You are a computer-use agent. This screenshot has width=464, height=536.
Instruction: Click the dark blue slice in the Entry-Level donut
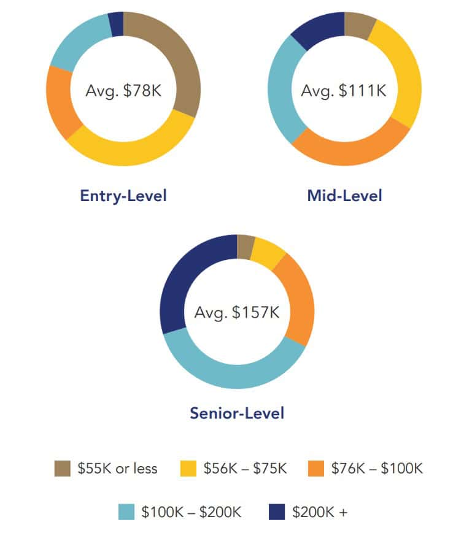pyautogui.click(x=116, y=24)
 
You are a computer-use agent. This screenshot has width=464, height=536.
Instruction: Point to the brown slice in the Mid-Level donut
pyautogui.click(x=358, y=25)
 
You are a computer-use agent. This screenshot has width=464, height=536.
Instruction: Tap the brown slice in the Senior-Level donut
pyautogui.click(x=245, y=247)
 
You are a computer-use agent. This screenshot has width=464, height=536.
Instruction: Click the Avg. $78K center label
pyautogui.click(x=123, y=91)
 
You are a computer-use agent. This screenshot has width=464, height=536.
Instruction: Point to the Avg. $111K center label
pyautogui.click(x=344, y=91)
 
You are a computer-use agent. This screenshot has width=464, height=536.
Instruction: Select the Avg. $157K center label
pyautogui.click(x=237, y=312)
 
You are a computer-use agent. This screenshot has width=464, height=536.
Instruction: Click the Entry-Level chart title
pyautogui.click(x=123, y=196)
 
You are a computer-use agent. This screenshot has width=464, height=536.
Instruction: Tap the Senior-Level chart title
pyautogui.click(x=237, y=413)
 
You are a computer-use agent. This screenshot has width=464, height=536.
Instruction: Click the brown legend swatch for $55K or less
pyautogui.click(x=62, y=469)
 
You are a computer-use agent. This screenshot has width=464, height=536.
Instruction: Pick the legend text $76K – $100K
pyautogui.click(x=377, y=469)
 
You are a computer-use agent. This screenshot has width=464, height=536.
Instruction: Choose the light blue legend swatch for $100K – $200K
pyautogui.click(x=126, y=511)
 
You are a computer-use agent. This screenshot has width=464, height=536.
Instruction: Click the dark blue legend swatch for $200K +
pyautogui.click(x=276, y=511)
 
